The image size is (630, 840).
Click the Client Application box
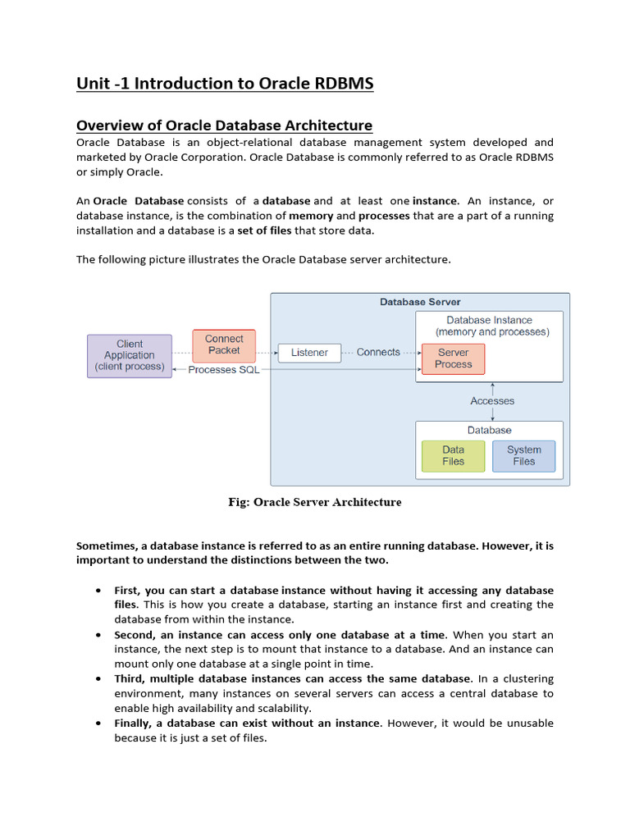tap(130, 355)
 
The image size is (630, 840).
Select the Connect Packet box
tap(224, 345)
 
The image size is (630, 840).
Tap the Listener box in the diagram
tap(309, 353)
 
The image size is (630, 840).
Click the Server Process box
tap(453, 358)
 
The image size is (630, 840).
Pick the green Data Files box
tap(453, 456)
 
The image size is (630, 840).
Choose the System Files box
tap(523, 456)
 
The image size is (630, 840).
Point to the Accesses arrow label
tap(492, 401)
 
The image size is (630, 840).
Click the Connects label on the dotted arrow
tap(378, 352)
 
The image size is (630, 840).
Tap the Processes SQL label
tap(223, 370)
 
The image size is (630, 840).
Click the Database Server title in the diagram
tap(420, 302)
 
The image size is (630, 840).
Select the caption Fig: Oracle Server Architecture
tap(315, 502)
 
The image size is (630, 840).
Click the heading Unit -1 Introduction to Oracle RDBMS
tap(225, 84)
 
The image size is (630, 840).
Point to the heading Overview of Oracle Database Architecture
tap(224, 126)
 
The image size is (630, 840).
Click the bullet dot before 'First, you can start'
tap(98, 591)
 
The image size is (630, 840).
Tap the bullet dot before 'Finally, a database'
tap(98, 724)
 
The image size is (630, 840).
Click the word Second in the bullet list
tap(134, 635)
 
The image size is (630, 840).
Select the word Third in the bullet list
tap(130, 679)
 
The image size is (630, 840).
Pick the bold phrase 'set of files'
tap(264, 231)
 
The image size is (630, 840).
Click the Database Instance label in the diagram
tap(489, 320)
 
